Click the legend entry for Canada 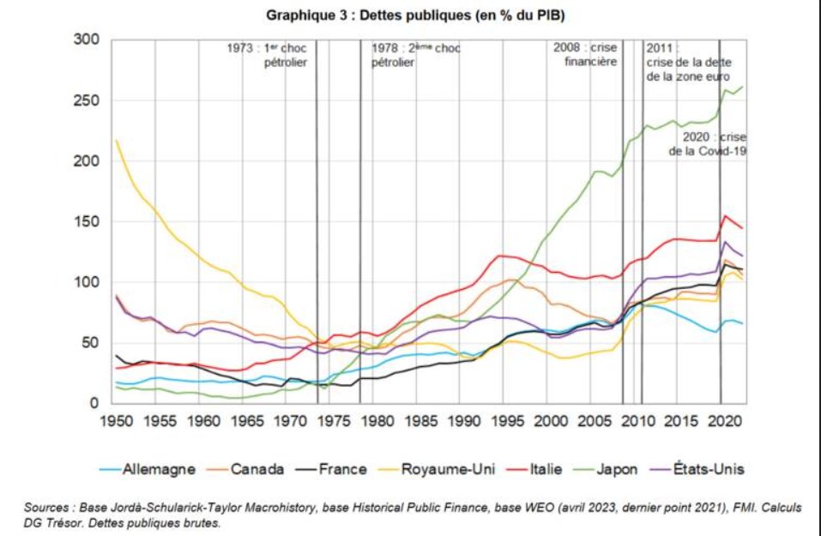(x=257, y=469)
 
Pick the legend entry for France (x=342, y=469)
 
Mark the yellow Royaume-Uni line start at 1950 (x=115, y=140)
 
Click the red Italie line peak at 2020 (x=725, y=216)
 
